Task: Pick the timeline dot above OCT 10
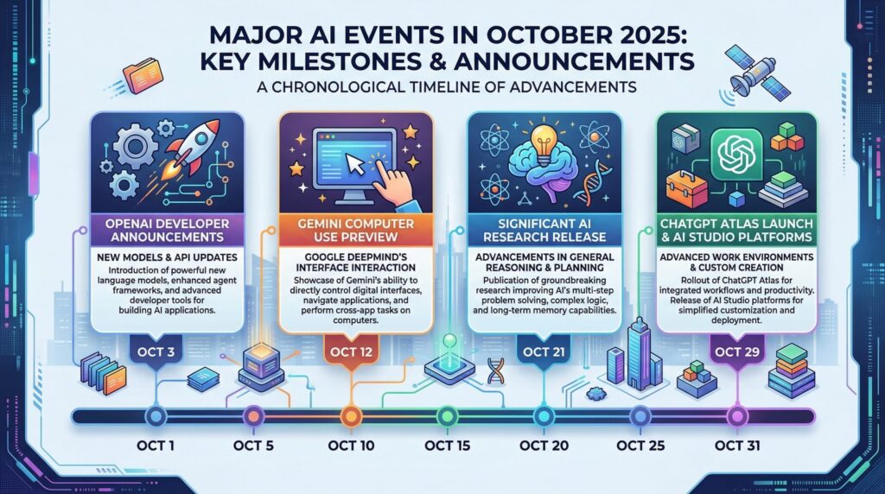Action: tap(349, 416)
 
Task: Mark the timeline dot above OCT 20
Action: tap(542, 416)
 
